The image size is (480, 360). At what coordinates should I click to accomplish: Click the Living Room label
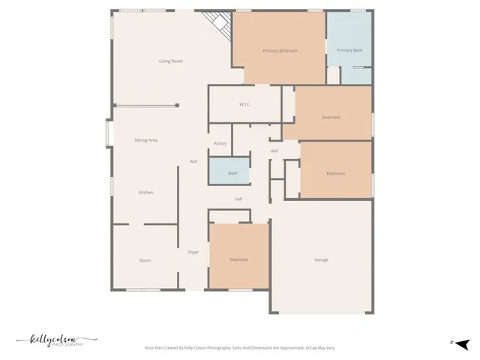(171, 61)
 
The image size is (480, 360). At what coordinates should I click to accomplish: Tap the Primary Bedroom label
(280, 50)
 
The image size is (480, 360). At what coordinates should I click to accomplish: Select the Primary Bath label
(349, 50)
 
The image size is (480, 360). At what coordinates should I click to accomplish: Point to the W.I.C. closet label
(244, 104)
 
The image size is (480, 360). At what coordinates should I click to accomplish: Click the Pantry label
(220, 143)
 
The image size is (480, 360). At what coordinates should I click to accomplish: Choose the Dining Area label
(145, 140)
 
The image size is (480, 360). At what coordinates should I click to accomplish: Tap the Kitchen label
(145, 193)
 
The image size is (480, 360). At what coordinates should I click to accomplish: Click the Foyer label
(193, 253)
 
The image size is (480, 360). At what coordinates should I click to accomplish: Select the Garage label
(321, 259)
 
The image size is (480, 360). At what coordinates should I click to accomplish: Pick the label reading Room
(145, 260)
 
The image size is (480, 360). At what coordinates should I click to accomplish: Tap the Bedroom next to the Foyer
(238, 259)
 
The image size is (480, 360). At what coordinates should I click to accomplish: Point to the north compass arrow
(462, 343)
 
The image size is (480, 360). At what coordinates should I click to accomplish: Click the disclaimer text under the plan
(239, 348)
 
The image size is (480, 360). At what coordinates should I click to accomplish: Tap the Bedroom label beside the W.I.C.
(331, 117)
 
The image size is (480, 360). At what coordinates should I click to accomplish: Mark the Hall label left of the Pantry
(193, 161)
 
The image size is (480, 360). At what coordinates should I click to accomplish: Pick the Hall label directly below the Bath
(238, 199)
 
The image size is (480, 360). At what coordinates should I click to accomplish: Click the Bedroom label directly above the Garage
(335, 173)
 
